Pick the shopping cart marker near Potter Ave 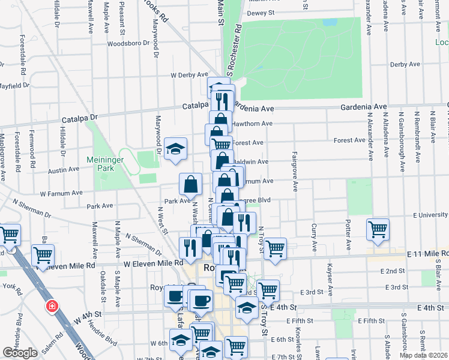378,229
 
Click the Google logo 20,353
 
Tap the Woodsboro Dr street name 127,44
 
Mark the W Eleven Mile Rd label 153,263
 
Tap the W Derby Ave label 189,75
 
